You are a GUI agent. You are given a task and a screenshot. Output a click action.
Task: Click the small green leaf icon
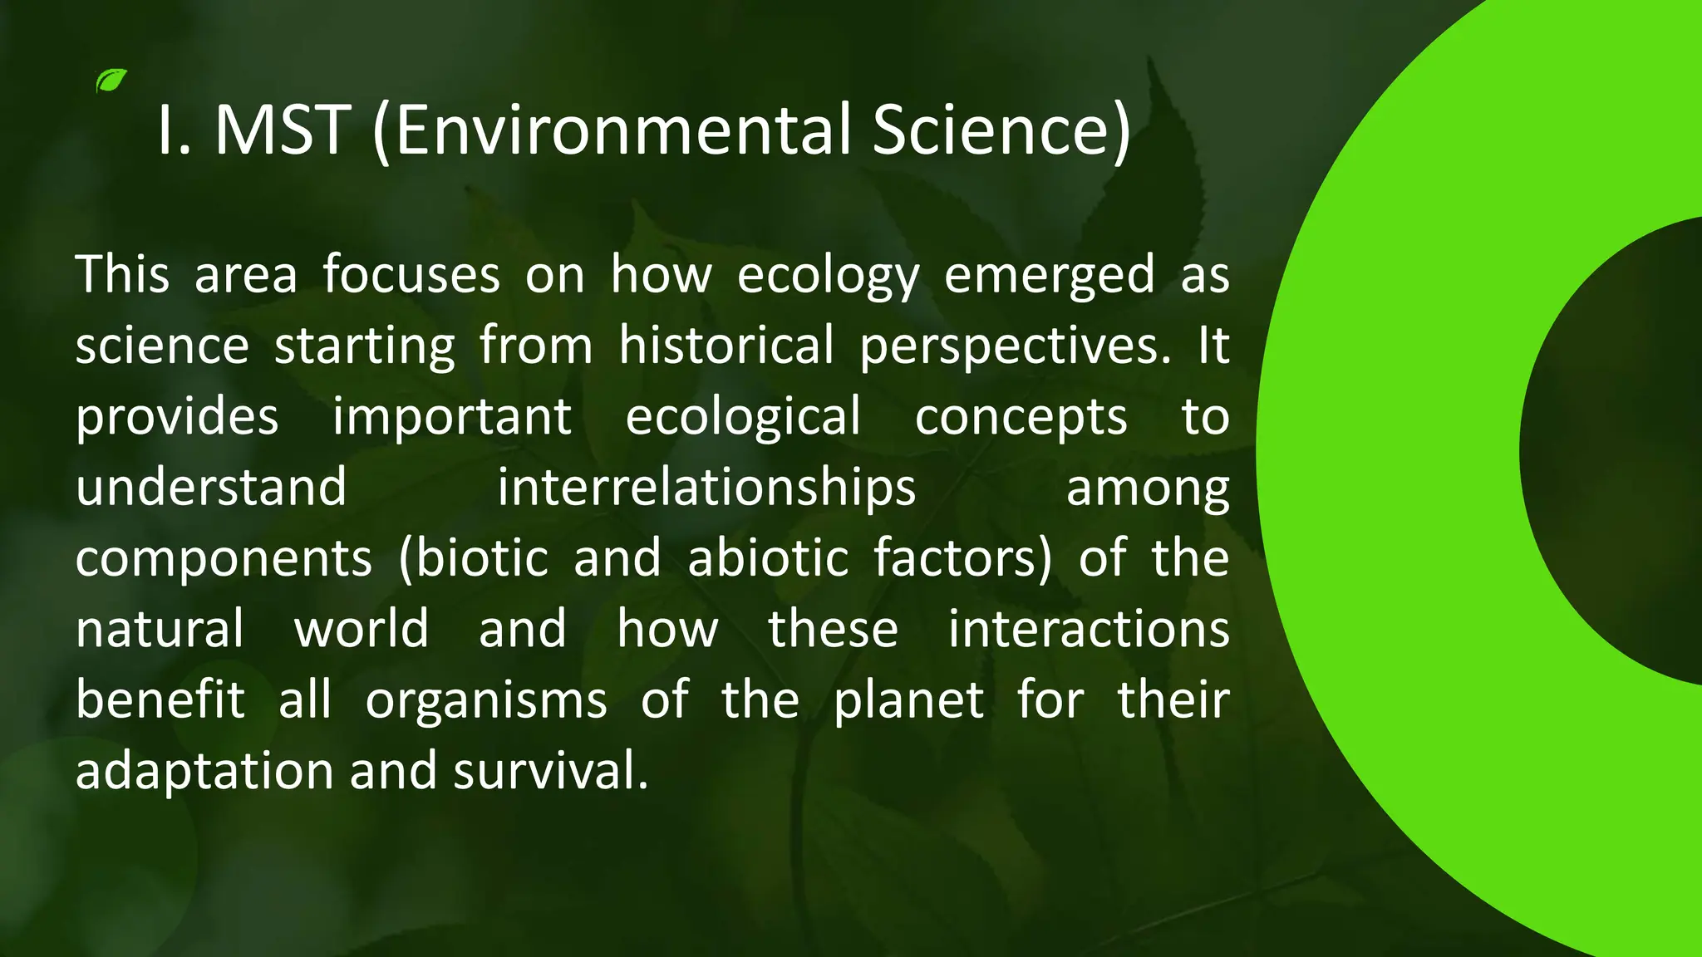(111, 81)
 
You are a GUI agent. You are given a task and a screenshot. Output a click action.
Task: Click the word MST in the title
(283, 130)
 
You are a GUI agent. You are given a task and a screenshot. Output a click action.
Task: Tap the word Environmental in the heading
(613, 130)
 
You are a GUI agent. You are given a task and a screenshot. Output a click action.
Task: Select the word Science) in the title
(1001, 130)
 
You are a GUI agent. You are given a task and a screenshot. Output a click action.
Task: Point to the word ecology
(828, 276)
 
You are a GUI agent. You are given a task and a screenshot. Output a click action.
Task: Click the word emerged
(1049, 276)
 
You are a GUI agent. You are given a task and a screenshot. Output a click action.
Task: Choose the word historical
(726, 346)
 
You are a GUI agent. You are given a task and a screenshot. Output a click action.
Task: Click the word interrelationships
(706, 488)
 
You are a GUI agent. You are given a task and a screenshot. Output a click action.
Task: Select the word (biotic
(474, 558)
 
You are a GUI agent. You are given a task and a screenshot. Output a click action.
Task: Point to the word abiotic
(767, 558)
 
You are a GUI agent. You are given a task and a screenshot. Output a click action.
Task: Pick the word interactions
(1088, 629)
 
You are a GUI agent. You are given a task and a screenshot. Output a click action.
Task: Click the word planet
(908, 700)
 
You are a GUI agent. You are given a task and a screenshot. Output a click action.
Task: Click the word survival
(550, 771)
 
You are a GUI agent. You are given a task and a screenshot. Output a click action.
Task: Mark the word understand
(211, 488)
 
